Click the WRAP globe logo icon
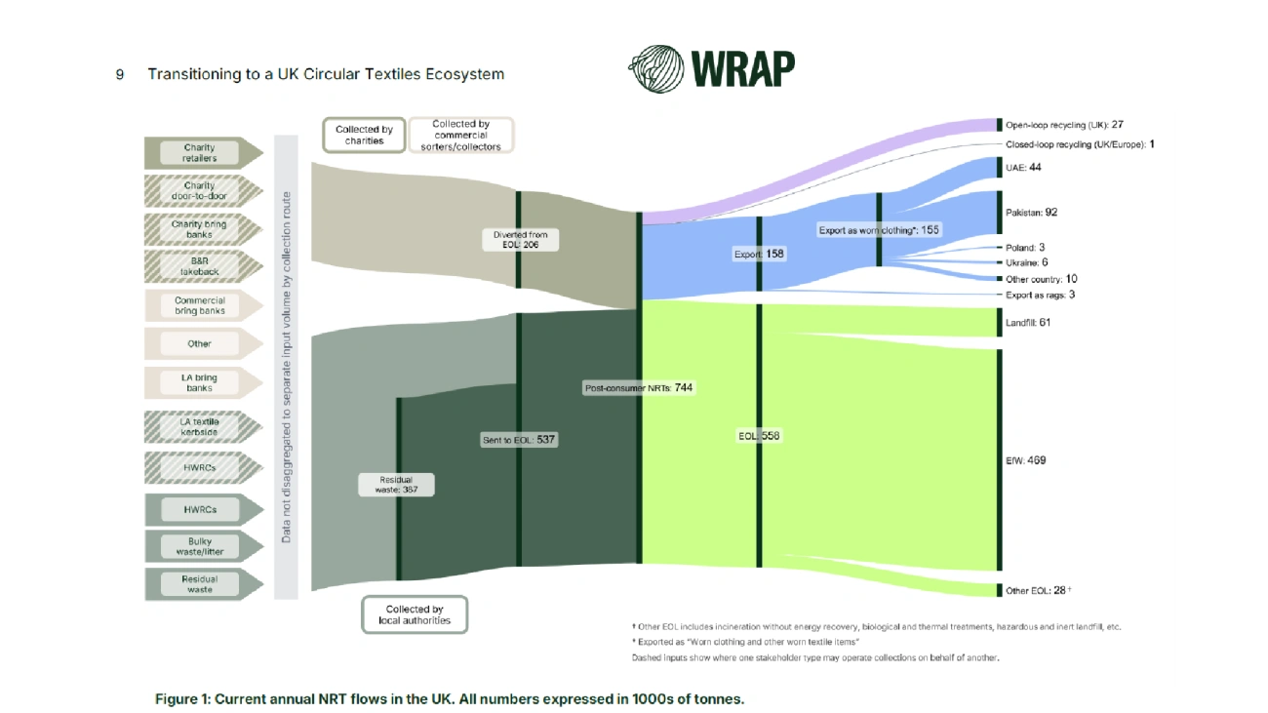click(x=656, y=69)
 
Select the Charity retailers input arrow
click(x=204, y=153)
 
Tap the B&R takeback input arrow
click(x=204, y=266)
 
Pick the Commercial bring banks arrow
click(x=204, y=305)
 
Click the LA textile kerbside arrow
click(x=204, y=426)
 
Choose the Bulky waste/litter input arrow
click(x=204, y=546)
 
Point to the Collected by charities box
click(x=364, y=136)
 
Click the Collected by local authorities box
click(x=415, y=614)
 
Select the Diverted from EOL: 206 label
click(x=520, y=239)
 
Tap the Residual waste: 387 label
click(x=396, y=485)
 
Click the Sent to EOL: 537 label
click(x=519, y=440)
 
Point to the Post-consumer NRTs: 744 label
click(x=639, y=387)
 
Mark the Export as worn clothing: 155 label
click(x=879, y=230)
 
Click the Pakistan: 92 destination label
click(x=1031, y=213)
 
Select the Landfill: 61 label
click(x=1027, y=323)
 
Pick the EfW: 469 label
click(x=1026, y=460)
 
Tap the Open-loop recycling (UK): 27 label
click(x=1064, y=125)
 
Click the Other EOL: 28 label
click(x=1038, y=590)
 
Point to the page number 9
click(x=119, y=75)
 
